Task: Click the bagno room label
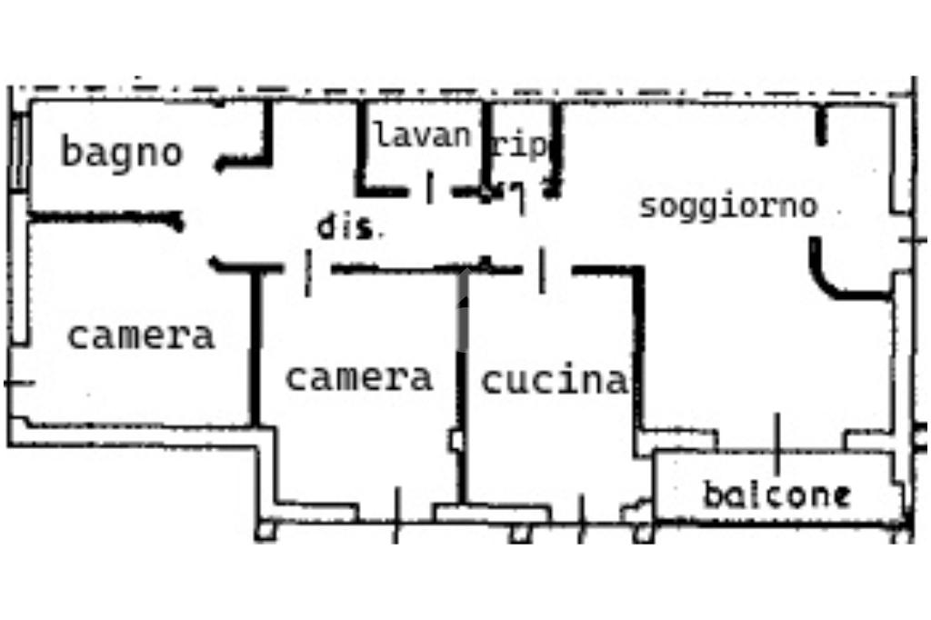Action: pyautogui.click(x=122, y=153)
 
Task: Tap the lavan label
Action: pyautogui.click(x=422, y=135)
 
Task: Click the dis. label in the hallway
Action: pyautogui.click(x=346, y=226)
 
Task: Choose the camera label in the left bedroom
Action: pyautogui.click(x=141, y=335)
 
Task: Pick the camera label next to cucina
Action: pyautogui.click(x=359, y=377)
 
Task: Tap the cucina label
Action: pyautogui.click(x=555, y=381)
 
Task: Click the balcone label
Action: pyautogui.click(x=776, y=495)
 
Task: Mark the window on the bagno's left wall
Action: pyautogui.click(x=19, y=152)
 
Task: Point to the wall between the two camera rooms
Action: pyautogui.click(x=255, y=347)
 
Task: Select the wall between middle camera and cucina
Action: pyautogui.click(x=463, y=386)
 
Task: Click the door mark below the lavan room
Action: pyautogui.click(x=430, y=187)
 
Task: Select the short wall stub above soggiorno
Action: pyautogui.click(x=821, y=125)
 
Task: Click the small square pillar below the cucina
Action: pyautogui.click(x=521, y=533)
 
